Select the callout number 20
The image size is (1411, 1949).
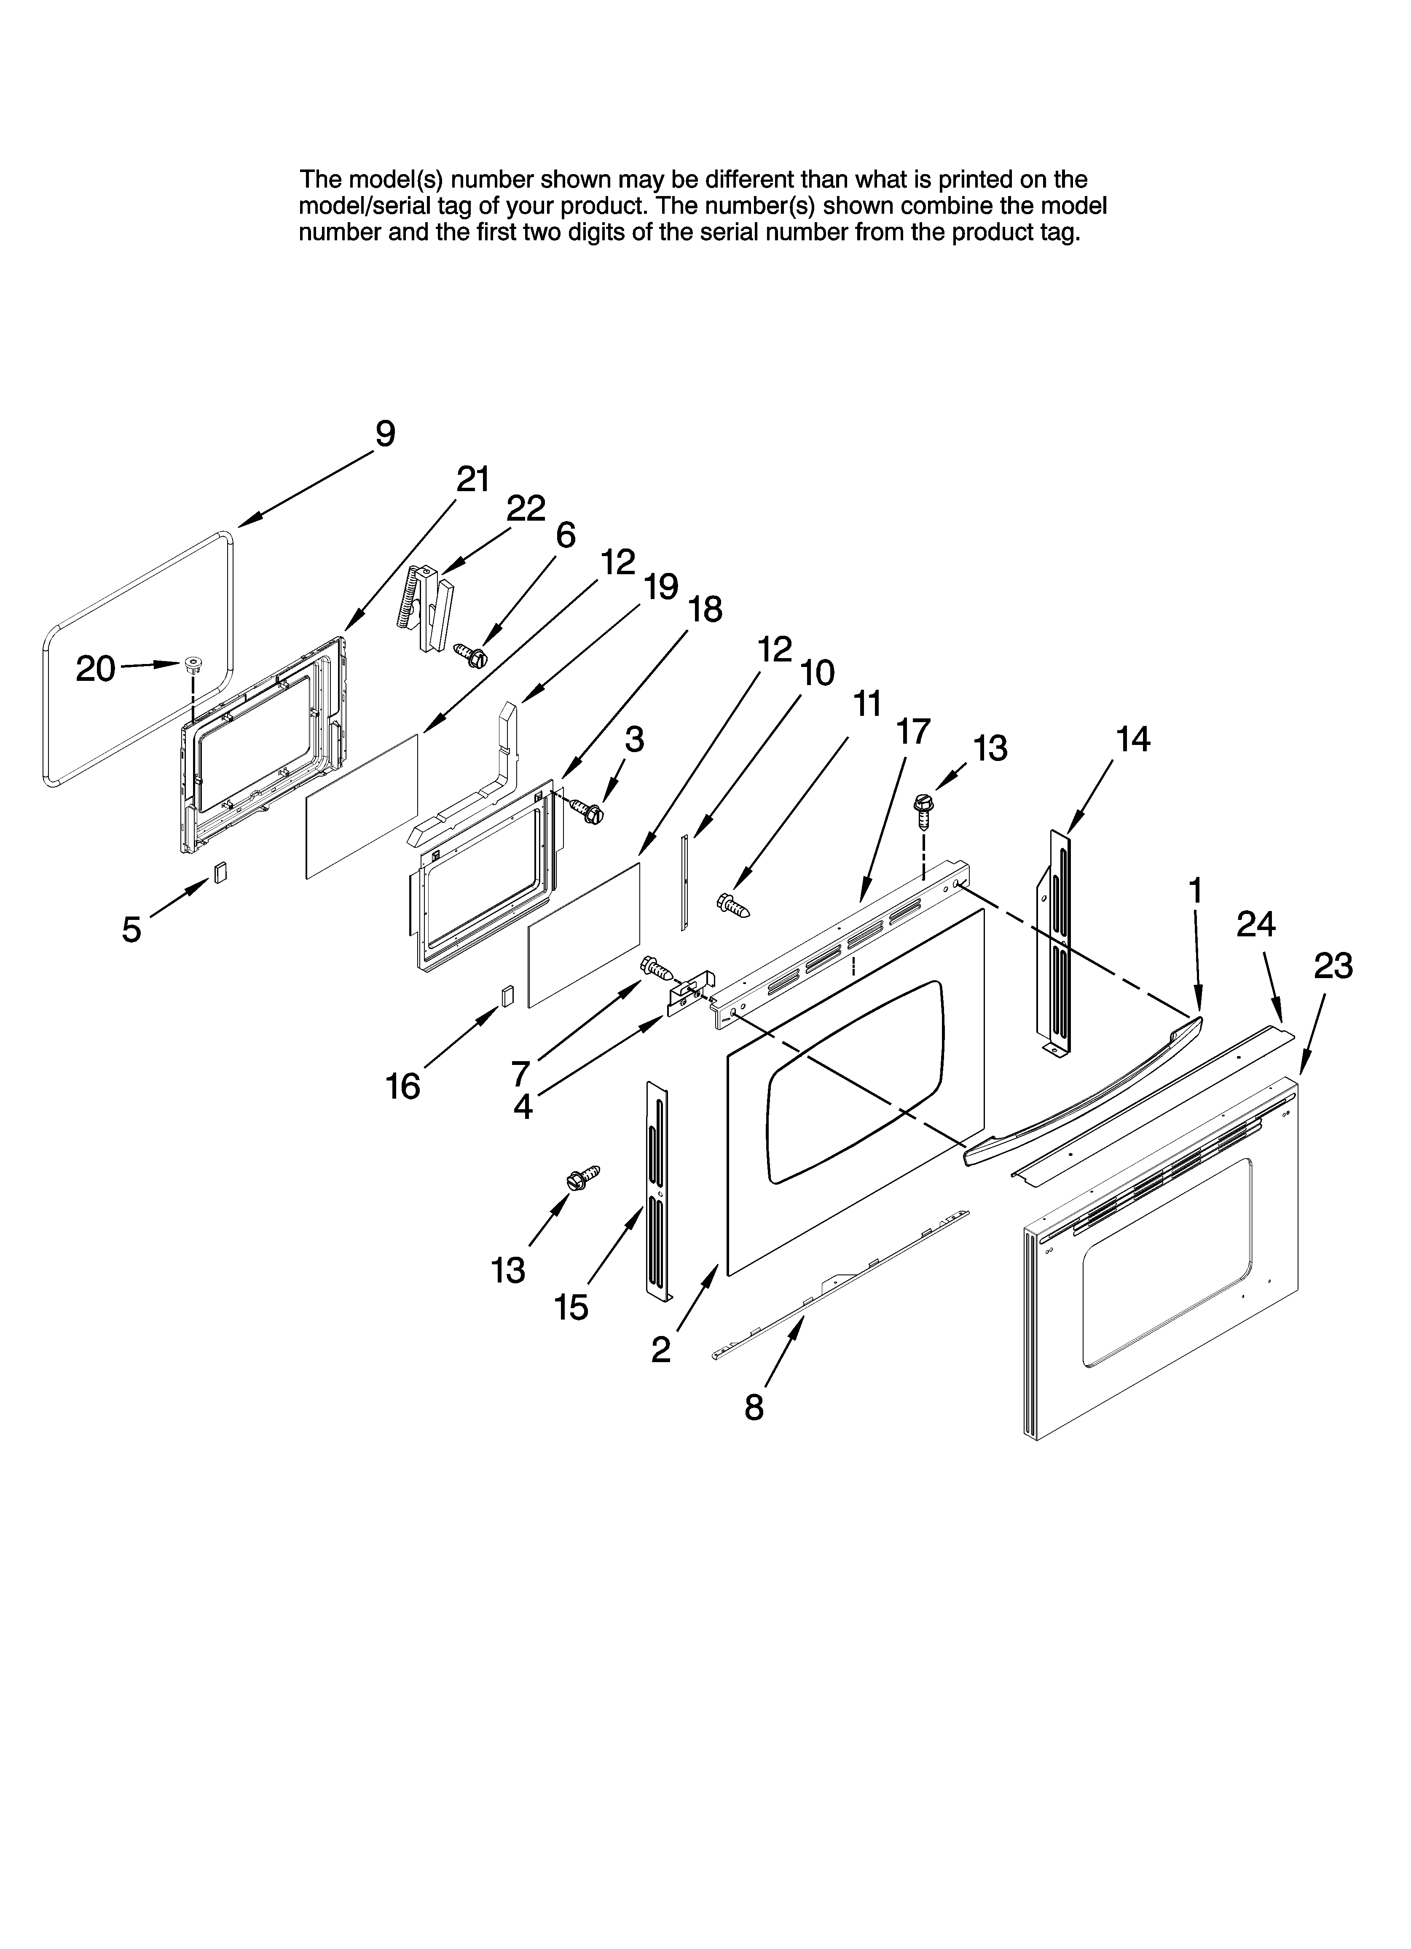95,669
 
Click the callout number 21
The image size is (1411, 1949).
472,479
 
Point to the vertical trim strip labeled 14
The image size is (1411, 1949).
1058,941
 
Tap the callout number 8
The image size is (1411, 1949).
754,1408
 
